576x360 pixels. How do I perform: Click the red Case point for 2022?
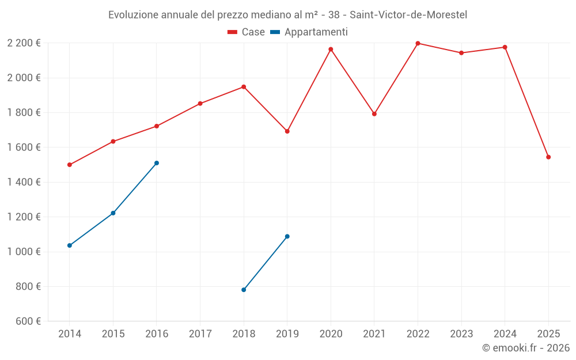418,43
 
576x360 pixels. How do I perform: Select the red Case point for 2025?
548,157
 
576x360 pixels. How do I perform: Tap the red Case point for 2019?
287,131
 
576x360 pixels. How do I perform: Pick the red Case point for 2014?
70,165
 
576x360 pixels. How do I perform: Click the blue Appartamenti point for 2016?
157,163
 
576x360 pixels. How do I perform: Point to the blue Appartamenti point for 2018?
244,290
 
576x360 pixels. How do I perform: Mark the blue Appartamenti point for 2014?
70,245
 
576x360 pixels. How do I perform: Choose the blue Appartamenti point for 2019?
287,236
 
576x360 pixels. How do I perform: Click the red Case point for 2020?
331,49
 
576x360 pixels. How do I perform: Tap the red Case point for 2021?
374,114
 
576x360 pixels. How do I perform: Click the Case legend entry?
247,32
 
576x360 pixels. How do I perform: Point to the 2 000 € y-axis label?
24,78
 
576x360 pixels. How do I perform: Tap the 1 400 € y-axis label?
24,182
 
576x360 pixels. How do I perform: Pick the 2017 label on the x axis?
200,334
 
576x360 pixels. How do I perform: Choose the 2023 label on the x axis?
461,334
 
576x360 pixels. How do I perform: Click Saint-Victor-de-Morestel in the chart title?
408,14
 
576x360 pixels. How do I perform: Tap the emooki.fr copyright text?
526,348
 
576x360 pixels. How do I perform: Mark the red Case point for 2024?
505,47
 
